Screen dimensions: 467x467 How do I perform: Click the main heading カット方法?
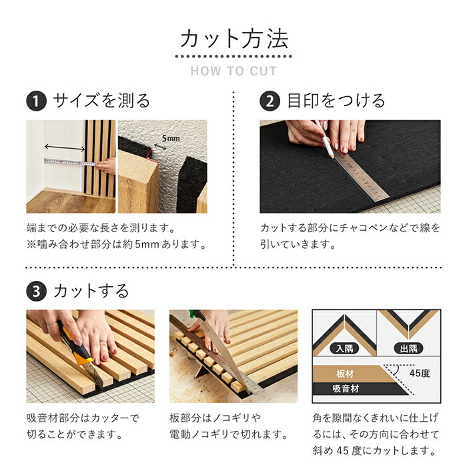point(234,39)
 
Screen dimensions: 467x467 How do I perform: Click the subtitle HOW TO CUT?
point(234,71)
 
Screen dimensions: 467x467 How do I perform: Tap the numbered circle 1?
point(36,101)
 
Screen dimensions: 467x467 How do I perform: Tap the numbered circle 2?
point(270,101)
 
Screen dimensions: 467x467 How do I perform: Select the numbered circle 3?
point(36,291)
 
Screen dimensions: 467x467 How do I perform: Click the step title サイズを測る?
point(102,101)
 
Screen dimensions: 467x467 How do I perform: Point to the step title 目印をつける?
point(336,101)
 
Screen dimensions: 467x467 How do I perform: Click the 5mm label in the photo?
point(171,139)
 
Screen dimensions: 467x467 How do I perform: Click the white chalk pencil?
point(325,140)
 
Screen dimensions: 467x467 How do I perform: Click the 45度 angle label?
point(420,373)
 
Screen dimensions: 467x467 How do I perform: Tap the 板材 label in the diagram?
point(345,373)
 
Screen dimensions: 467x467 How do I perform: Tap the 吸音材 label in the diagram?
point(345,388)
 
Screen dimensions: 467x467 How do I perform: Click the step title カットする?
point(91,291)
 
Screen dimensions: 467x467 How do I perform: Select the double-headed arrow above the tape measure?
point(65,148)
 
